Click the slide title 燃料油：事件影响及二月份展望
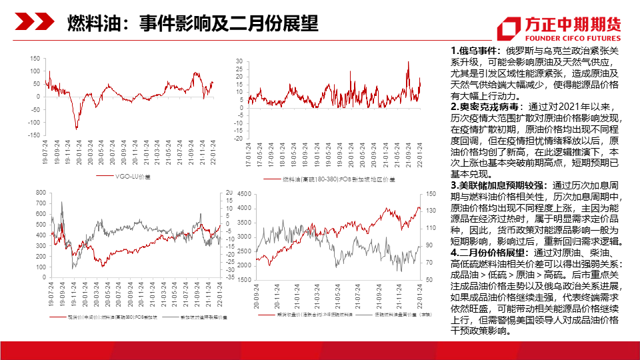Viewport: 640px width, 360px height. (193, 24)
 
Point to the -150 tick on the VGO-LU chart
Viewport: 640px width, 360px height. (33, 135)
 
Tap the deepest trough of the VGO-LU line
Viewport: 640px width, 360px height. (76, 128)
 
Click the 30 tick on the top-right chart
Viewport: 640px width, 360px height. (239, 62)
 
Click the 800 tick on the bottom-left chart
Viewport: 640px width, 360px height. (39, 193)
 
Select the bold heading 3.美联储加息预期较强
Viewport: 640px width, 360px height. (500, 186)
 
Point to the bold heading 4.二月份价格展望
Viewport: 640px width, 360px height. (491, 253)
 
